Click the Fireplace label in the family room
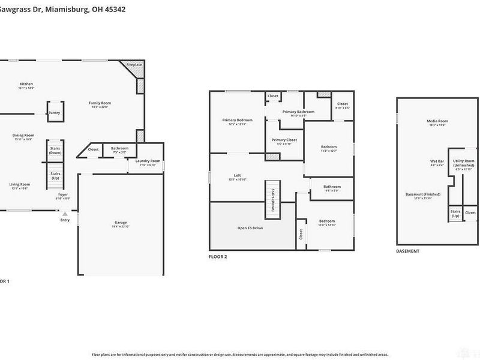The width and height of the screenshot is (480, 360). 134,64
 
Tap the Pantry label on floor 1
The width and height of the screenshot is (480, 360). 55,112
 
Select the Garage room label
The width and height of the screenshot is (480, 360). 121,223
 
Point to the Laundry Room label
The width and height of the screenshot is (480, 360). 147,161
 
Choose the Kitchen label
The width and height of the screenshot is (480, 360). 26,84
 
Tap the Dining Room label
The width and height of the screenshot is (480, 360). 23,135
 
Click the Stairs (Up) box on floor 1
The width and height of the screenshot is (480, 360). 55,175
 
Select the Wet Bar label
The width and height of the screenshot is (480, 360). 436,161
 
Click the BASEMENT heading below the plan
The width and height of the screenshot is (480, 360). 408,251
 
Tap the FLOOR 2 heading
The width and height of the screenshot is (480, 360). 218,256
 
